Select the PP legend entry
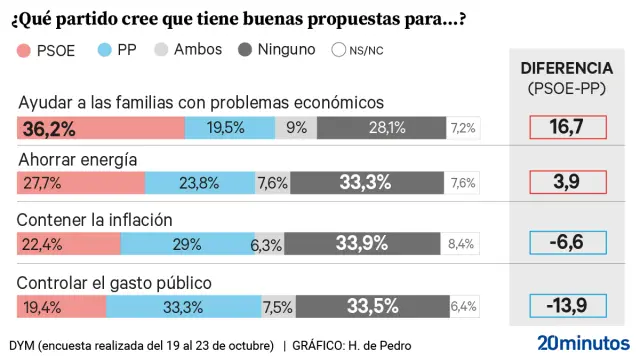[118, 49]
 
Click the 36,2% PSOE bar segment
[101, 127]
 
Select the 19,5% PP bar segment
[230, 127]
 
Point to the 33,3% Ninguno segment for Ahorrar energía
[371, 183]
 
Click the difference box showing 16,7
[567, 127]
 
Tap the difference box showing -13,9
[567, 305]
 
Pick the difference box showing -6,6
[567, 244]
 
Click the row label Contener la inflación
[96, 220]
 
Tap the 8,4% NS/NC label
[461, 244]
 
